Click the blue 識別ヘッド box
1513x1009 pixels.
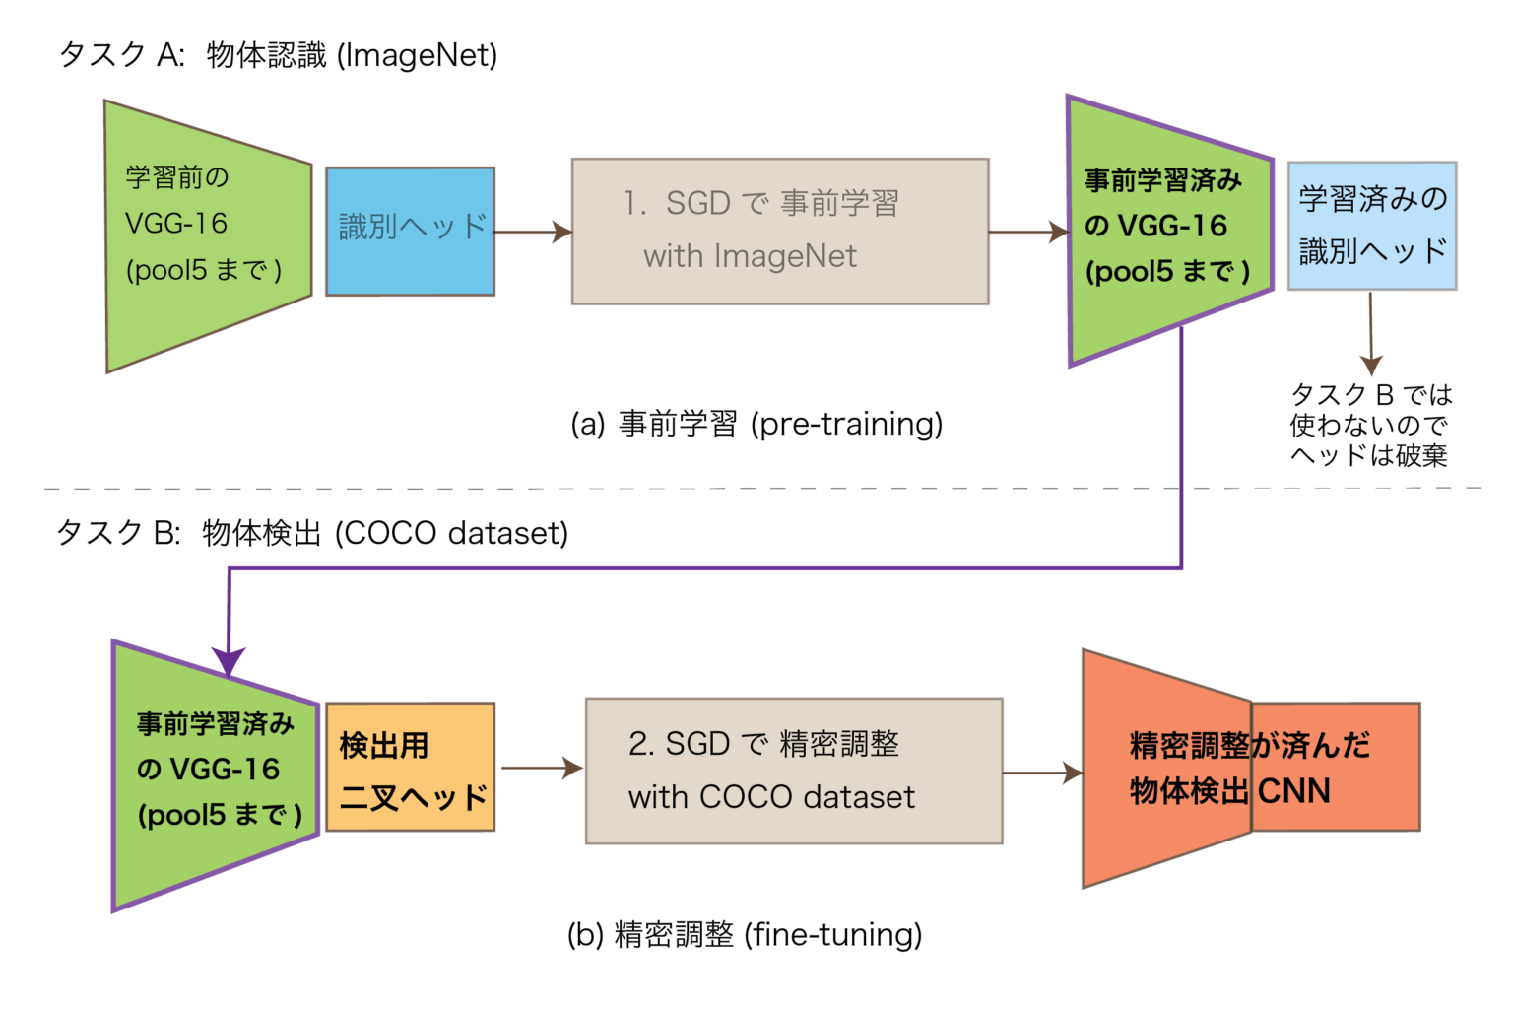410,232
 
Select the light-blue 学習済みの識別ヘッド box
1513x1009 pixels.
1371,226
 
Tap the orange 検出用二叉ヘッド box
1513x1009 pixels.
410,768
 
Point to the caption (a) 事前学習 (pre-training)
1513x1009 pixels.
756,424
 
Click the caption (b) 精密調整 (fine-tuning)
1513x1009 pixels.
745,934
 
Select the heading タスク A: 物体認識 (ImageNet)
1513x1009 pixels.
279,55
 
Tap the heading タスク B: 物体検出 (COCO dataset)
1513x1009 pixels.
312,533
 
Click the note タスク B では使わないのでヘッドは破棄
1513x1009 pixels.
1369,425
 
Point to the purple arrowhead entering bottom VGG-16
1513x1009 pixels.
229,662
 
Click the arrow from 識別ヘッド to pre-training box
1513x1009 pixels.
533,233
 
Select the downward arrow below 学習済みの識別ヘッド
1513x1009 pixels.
1370,335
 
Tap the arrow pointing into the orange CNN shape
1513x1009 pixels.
1042,774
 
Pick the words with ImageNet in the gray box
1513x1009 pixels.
750,256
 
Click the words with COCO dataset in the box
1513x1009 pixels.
771,796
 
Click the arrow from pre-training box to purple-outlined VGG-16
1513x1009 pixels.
1027,233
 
